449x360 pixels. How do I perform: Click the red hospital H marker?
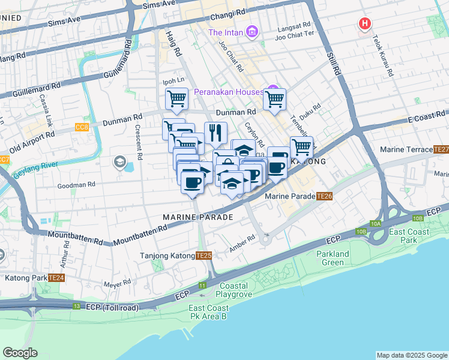pyautogui.click(x=364, y=25)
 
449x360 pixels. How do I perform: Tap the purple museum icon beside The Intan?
pyautogui.click(x=252, y=32)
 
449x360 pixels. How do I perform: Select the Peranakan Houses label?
pyautogui.click(x=228, y=92)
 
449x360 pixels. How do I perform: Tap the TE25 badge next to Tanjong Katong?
pyautogui.click(x=203, y=256)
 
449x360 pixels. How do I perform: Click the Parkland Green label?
pyautogui.click(x=333, y=258)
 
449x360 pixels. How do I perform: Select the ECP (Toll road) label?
pyautogui.click(x=113, y=307)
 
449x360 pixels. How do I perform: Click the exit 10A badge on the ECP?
pyautogui.click(x=376, y=224)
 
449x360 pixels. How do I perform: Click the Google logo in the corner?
pyautogui.click(x=20, y=353)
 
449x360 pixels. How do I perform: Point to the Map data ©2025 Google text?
pyautogui.click(x=411, y=355)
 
